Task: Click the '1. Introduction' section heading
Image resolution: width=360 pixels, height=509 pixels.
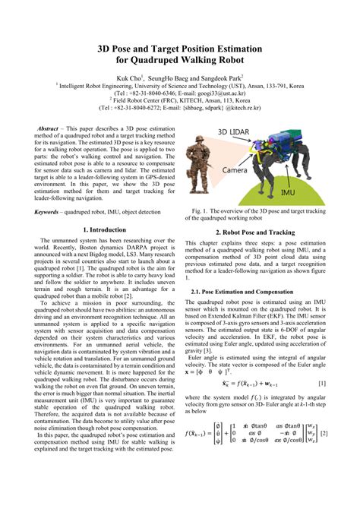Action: [x=103, y=229]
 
